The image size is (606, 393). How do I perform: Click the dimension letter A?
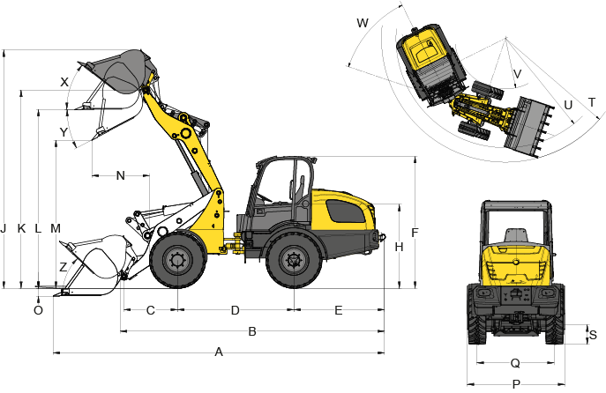219,352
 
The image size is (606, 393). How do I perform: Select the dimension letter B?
252,331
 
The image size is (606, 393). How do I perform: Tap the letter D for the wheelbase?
235,310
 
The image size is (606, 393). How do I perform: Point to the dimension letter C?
150,310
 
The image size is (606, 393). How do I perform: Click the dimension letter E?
338,310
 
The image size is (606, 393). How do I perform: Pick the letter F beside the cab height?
415,233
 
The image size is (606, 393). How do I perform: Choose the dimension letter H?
399,247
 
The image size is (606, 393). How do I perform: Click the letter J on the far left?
4,228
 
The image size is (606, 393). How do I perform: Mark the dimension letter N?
121,175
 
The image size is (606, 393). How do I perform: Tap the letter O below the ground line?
38,310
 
